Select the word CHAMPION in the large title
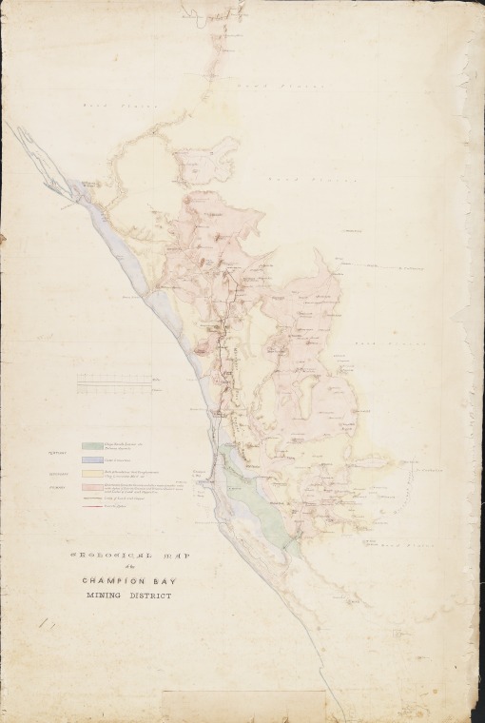(x=104, y=579)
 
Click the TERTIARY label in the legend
(x=59, y=453)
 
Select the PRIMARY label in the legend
(x=59, y=486)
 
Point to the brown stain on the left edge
(x=3, y=236)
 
